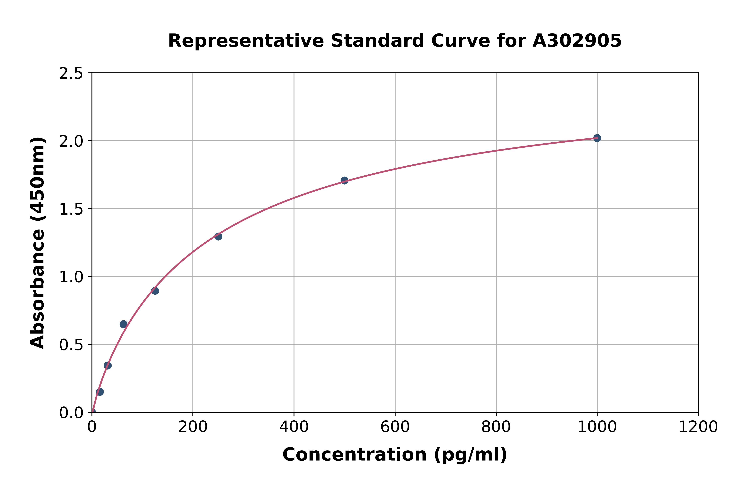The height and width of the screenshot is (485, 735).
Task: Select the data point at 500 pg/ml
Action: click(344, 180)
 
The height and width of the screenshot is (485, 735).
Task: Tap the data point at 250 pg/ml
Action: click(218, 236)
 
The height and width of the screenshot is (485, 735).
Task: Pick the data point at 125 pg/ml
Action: click(155, 291)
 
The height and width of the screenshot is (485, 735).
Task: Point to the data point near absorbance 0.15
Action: click(100, 392)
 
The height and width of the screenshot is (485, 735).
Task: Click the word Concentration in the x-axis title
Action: click(354, 455)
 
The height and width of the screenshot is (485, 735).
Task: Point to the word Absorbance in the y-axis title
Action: click(38, 289)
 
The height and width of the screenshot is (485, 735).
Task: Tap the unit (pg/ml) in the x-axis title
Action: click(470, 455)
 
